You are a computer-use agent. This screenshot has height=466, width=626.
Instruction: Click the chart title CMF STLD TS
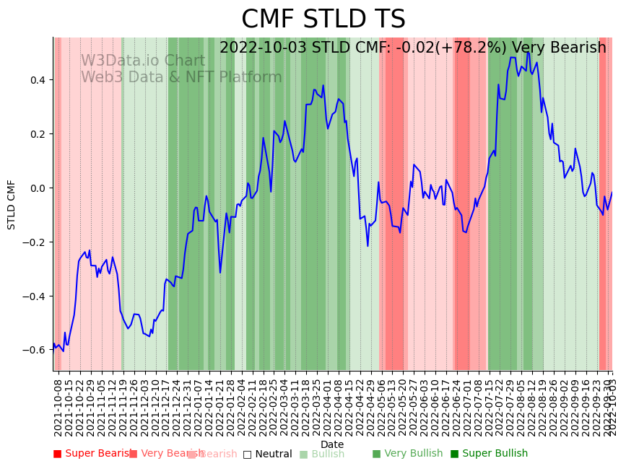pyautogui.click(x=323, y=19)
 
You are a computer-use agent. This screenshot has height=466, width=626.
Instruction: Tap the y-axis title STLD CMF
pyautogui.click(x=12, y=204)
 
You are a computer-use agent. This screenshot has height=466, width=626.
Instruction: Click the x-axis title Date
pyautogui.click(x=332, y=444)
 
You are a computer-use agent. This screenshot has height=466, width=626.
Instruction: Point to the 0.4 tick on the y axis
pyautogui.click(x=36, y=80)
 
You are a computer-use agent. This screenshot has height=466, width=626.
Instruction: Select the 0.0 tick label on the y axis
pyautogui.click(x=36, y=188)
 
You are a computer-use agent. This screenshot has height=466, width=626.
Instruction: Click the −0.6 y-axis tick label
pyautogui.click(x=33, y=350)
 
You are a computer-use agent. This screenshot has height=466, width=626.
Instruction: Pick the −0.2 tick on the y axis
pyautogui.click(x=33, y=242)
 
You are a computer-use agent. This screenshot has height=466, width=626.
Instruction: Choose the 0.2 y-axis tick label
pyautogui.click(x=36, y=134)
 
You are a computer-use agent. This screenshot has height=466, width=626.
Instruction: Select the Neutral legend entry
pyautogui.click(x=267, y=454)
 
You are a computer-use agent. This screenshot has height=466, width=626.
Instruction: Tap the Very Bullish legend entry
pyautogui.click(x=407, y=454)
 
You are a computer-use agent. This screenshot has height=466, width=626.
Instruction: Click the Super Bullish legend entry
pyautogui.click(x=489, y=454)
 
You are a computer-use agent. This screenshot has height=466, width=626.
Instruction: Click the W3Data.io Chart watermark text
pyautogui.click(x=142, y=61)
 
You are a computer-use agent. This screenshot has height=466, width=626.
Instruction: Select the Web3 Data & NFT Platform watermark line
pyautogui.click(x=181, y=77)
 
